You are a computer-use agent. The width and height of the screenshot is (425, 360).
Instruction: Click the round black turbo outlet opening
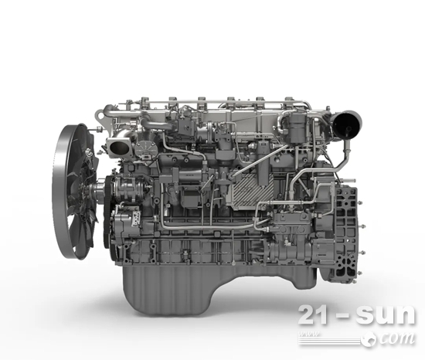click(345, 124)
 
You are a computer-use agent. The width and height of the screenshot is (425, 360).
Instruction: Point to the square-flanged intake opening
click(119, 147)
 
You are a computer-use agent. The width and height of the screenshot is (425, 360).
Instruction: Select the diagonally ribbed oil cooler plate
click(250, 189)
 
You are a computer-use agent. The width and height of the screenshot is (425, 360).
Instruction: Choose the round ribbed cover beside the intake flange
click(146, 150)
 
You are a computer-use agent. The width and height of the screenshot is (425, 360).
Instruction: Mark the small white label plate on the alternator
click(135, 219)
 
